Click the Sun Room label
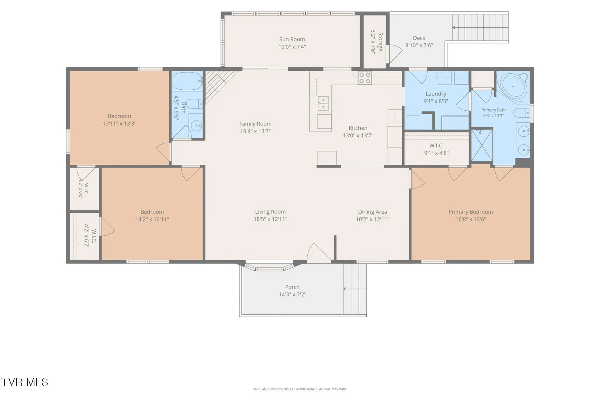[x=292, y=39]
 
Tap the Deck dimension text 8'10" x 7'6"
[x=419, y=45]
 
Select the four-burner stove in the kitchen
[x=364, y=78]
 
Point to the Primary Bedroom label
[x=471, y=211]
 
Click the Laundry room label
[x=436, y=94]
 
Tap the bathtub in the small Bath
[x=187, y=81]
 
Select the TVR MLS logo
[x=25, y=382]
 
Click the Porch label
[x=292, y=287]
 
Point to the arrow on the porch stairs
[x=355, y=289]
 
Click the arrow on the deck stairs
[x=480, y=27]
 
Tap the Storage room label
[x=380, y=42]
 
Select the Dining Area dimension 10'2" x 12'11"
[x=372, y=219]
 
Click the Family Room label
[x=255, y=124]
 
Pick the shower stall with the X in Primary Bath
[x=482, y=145]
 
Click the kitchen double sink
[x=323, y=103]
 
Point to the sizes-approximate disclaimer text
[x=300, y=389]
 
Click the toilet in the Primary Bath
[x=522, y=113]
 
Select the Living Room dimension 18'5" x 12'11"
[x=270, y=219]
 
